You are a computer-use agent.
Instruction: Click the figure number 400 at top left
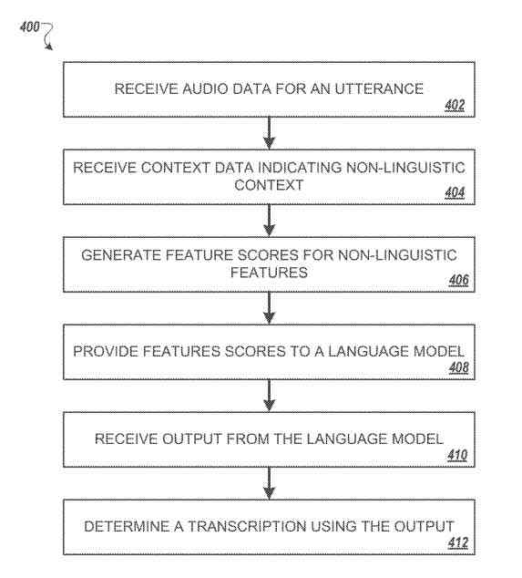click(28, 27)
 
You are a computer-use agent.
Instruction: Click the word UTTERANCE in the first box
click(384, 88)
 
